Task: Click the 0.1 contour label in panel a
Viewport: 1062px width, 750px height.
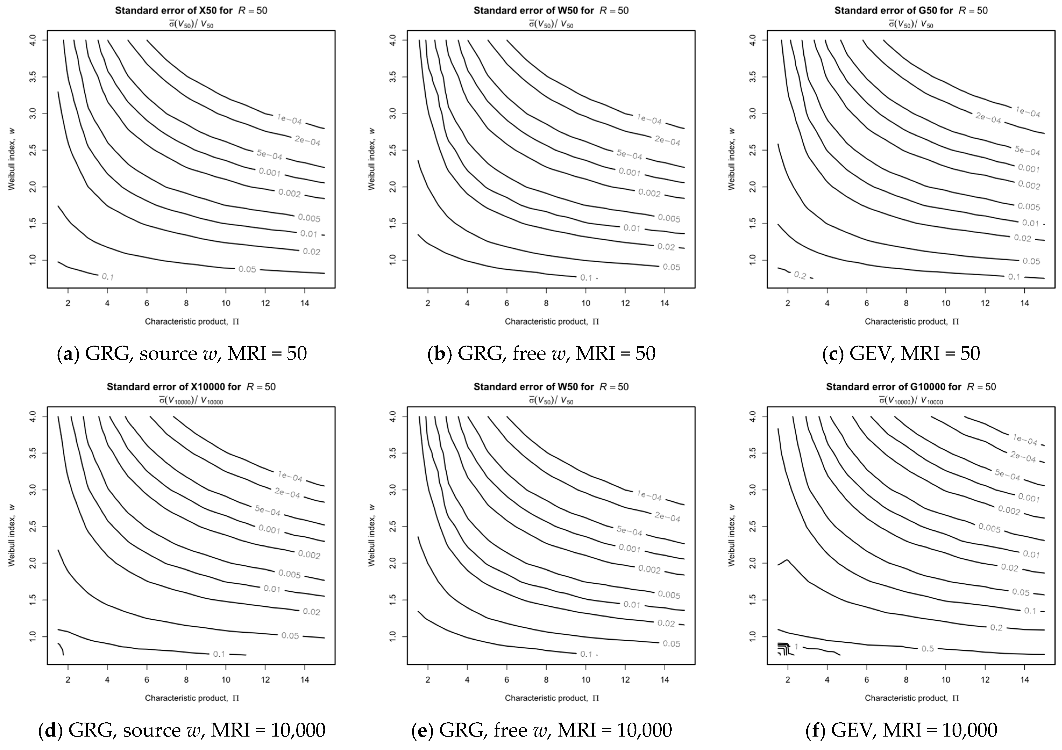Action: coord(108,277)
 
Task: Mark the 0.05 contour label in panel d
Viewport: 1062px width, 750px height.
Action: coord(290,636)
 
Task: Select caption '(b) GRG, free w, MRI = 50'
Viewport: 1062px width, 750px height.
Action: coord(541,353)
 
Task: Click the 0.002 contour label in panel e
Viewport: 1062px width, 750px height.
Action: coord(649,569)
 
